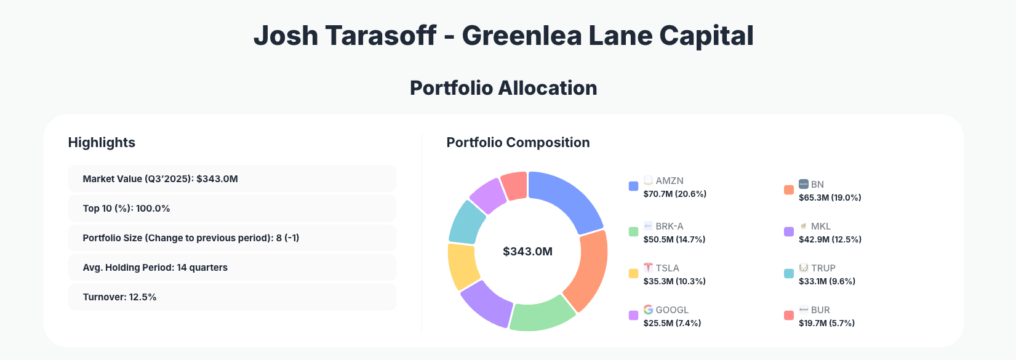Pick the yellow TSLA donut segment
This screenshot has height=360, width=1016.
coord(462,266)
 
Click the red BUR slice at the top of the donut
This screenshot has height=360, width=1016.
coord(514,185)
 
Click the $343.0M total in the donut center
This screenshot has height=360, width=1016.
coord(527,251)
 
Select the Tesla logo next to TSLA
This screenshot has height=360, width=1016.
coord(648,268)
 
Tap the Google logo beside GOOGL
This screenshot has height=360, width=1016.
coord(648,310)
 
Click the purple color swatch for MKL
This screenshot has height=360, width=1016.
coord(788,232)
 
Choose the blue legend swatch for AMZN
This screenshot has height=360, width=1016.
coord(633,186)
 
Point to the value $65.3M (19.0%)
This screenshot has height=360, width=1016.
coord(830,198)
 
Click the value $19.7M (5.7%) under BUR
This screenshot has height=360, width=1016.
coord(826,323)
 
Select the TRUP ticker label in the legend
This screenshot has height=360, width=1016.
coord(823,268)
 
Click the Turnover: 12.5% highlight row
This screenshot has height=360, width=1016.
coord(232,297)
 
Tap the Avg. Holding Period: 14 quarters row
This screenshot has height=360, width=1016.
coord(232,268)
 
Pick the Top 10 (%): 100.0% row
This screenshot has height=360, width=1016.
coord(232,209)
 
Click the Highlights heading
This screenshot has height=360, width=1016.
coord(102,142)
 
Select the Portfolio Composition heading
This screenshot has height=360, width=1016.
coord(518,142)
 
